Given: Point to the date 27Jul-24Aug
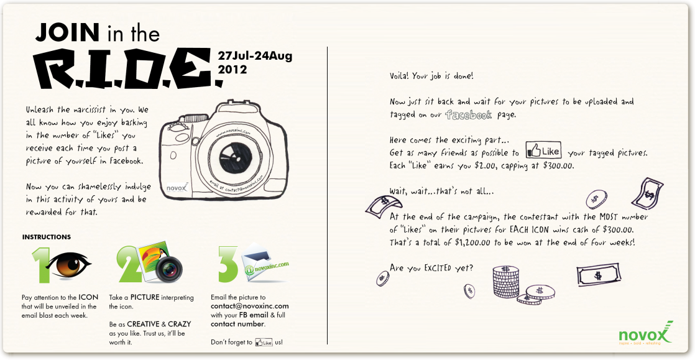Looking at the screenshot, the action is pyautogui.click(x=255, y=57).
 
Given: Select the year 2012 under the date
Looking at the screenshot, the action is pyautogui.click(x=232, y=70).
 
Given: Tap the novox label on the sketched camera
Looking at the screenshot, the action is pyautogui.click(x=177, y=188).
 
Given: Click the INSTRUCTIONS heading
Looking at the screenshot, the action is pyautogui.click(x=47, y=237).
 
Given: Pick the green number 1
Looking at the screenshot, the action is pyautogui.click(x=41, y=265).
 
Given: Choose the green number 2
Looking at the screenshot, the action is pyautogui.click(x=127, y=265).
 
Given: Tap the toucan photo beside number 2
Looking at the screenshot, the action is pyautogui.click(x=153, y=261).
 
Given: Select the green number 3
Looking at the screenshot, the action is pyautogui.click(x=228, y=264).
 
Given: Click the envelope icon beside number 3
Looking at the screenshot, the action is pyautogui.click(x=257, y=262).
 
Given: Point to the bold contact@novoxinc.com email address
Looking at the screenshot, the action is pyautogui.click(x=249, y=307).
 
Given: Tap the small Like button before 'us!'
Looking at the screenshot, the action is pyautogui.click(x=264, y=343).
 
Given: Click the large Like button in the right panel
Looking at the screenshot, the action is pyautogui.click(x=543, y=150).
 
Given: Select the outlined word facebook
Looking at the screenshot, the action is pyautogui.click(x=469, y=115).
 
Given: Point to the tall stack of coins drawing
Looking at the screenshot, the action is pyautogui.click(x=506, y=282).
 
